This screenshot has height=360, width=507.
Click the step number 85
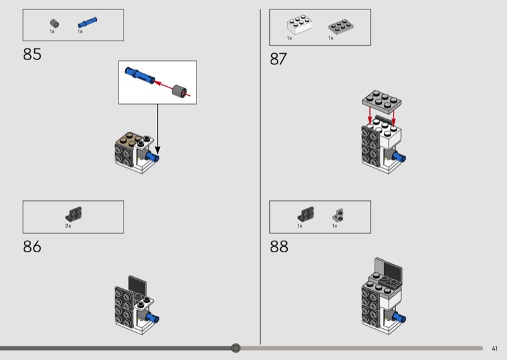pos(32,55)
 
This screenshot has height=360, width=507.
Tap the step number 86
pos(32,247)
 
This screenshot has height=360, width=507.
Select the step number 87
pos(278,59)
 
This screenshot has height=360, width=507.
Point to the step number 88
pos(279,247)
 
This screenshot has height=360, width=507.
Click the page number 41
pos(494,349)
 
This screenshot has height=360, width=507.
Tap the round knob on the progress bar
pos(236,348)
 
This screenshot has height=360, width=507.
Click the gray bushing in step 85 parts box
pos(55,23)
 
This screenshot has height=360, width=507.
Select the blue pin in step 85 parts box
pos(87,22)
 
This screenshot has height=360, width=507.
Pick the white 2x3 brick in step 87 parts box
pos(299,24)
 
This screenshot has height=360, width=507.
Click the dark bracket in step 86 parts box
pos(74,214)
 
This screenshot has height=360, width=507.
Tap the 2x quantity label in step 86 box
pos(68,226)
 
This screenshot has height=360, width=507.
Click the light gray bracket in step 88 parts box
pos(338,215)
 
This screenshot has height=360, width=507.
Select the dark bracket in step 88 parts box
pos(305,214)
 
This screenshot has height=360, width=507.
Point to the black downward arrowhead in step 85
pos(157,150)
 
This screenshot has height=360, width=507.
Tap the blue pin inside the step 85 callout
pos(139,75)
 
